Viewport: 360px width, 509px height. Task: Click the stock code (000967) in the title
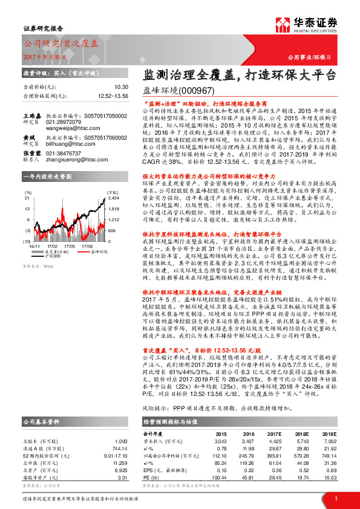click(x=197, y=91)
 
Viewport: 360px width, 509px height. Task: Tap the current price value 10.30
click(x=120, y=87)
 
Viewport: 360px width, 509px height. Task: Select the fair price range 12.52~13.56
click(x=112, y=96)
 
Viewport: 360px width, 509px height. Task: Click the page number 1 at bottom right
click(x=336, y=498)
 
